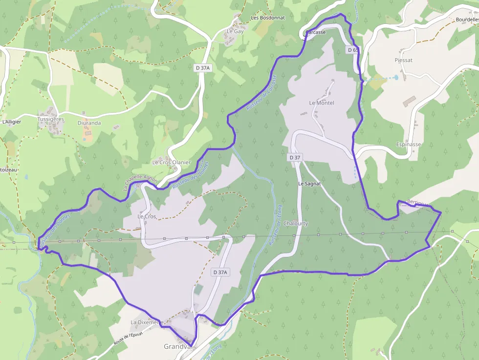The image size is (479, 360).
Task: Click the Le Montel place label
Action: tap(322, 103)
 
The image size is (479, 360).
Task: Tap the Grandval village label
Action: tap(177, 347)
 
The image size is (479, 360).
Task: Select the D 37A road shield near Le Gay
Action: tap(202, 68)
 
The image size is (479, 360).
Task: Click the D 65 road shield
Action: tap(353, 50)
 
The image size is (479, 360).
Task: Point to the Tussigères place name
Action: tap(51, 119)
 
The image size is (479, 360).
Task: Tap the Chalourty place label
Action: tap(296, 224)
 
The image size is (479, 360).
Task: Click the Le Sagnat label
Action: tap(309, 184)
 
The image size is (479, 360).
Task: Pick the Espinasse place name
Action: tap(409, 145)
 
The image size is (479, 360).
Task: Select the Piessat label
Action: tap(403, 60)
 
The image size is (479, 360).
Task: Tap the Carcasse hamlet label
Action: tap(315, 32)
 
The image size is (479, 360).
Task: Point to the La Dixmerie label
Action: tap(146, 323)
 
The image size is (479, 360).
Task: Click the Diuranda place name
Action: tap(89, 123)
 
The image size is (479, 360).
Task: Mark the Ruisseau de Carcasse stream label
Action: tap(262, 92)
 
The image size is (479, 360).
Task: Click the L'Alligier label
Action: tap(12, 122)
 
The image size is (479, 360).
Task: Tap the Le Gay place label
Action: tap(235, 31)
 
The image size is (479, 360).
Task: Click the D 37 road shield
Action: tap(295, 158)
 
